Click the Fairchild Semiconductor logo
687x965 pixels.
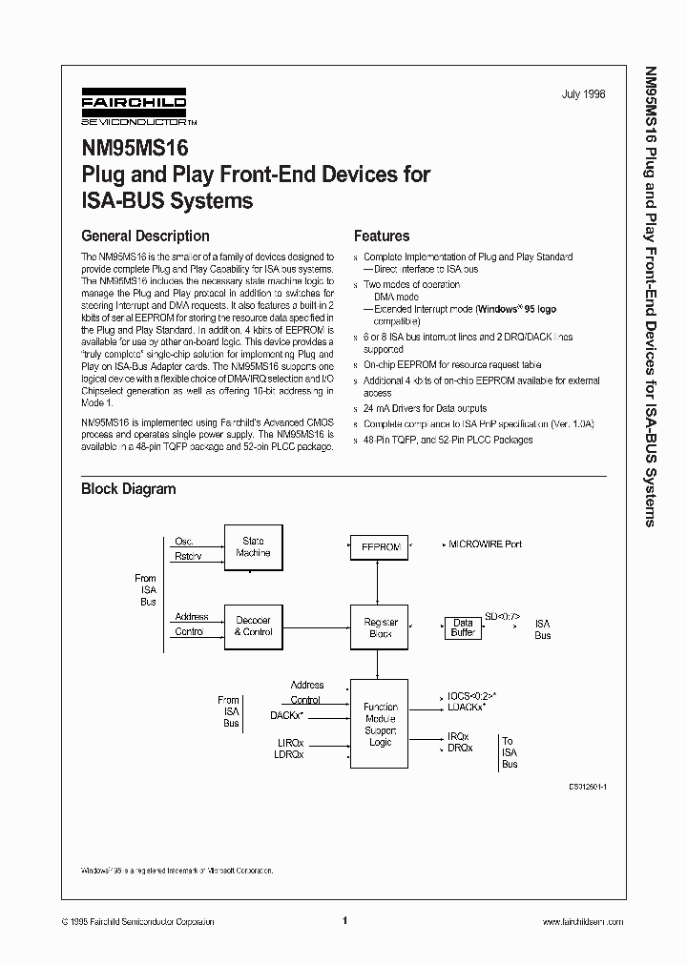pyautogui.click(x=134, y=110)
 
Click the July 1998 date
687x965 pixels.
pyautogui.click(x=583, y=95)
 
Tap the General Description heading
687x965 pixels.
pyautogui.click(x=145, y=236)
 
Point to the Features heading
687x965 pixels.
pyautogui.click(x=382, y=236)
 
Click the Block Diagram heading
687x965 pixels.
pyautogui.click(x=128, y=489)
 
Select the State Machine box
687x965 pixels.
pyautogui.click(x=253, y=547)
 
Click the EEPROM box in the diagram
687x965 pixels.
pyautogui.click(x=380, y=548)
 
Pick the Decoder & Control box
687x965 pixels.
pyautogui.click(x=253, y=626)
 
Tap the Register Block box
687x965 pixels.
pyautogui.click(x=380, y=627)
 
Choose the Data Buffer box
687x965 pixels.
pyautogui.click(x=463, y=628)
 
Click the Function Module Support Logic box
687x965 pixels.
pyautogui.click(x=380, y=724)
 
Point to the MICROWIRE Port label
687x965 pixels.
pyautogui.click(x=485, y=544)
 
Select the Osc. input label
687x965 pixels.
pyautogui.click(x=183, y=541)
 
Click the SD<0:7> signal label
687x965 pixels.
pyautogui.click(x=502, y=616)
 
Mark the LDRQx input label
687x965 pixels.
pyautogui.click(x=290, y=754)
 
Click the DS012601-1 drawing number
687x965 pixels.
pyautogui.click(x=589, y=788)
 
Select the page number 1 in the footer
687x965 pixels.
pyautogui.click(x=343, y=921)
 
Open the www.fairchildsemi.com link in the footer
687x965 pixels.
pyautogui.click(x=582, y=922)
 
